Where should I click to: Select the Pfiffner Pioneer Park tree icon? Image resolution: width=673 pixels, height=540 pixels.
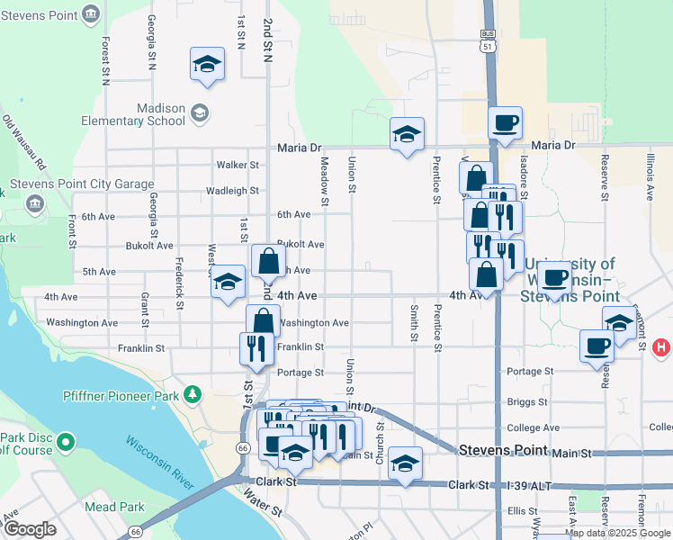click(x=192, y=394)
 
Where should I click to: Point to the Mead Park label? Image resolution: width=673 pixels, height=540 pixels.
click(x=114, y=507)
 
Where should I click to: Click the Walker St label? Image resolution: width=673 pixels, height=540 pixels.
click(x=238, y=166)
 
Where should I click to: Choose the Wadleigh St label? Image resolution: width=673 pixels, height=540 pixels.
click(x=232, y=191)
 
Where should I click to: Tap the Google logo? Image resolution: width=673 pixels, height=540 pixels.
click(x=30, y=529)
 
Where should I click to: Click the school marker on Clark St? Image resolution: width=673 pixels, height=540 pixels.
click(x=405, y=463)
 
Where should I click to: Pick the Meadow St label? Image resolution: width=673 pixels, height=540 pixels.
click(x=325, y=177)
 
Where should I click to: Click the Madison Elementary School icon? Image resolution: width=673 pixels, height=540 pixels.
click(x=199, y=113)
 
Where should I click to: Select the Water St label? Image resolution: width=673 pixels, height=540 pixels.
click(x=264, y=508)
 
